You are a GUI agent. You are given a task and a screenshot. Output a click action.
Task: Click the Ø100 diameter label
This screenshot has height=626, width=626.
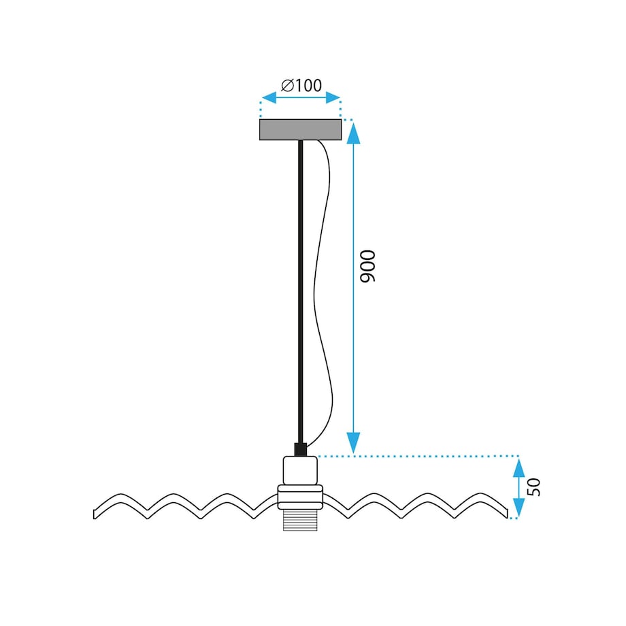point(301,85)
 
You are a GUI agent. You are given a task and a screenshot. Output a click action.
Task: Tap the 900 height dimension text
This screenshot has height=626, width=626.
point(367,266)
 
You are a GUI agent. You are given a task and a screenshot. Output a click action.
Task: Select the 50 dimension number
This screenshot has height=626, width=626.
point(533,487)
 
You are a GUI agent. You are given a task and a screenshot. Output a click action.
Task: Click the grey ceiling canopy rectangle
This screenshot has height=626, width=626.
point(301,129)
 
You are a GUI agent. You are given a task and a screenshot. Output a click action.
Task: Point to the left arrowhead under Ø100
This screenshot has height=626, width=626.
point(269,97)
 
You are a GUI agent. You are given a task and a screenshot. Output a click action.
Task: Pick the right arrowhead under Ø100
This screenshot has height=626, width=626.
point(333,97)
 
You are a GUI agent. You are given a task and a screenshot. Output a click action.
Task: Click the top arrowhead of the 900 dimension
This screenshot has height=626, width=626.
point(353,133)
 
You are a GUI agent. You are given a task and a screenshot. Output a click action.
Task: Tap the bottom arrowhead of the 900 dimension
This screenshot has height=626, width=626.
point(353,443)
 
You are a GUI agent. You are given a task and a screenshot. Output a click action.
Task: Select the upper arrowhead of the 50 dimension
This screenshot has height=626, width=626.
point(518,467)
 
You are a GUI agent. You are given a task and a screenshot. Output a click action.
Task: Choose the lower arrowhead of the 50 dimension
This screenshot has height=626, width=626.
point(518,508)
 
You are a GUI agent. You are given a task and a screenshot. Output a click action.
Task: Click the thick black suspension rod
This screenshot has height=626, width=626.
point(300,291)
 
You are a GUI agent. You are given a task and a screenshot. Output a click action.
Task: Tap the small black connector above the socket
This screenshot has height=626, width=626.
point(300,449)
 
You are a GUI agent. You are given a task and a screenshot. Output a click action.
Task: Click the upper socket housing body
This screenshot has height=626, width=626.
point(300,470)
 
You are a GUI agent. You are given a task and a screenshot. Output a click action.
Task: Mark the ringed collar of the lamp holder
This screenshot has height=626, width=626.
point(300,497)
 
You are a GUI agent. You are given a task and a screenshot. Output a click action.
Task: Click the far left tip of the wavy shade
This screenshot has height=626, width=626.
point(94,514)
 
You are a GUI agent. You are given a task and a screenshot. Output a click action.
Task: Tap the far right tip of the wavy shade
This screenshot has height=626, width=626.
point(507,514)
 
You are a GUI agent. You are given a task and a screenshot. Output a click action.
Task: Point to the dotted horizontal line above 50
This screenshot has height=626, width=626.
point(418,455)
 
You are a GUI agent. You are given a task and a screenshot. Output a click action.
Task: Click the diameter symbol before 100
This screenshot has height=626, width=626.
point(287,86)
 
